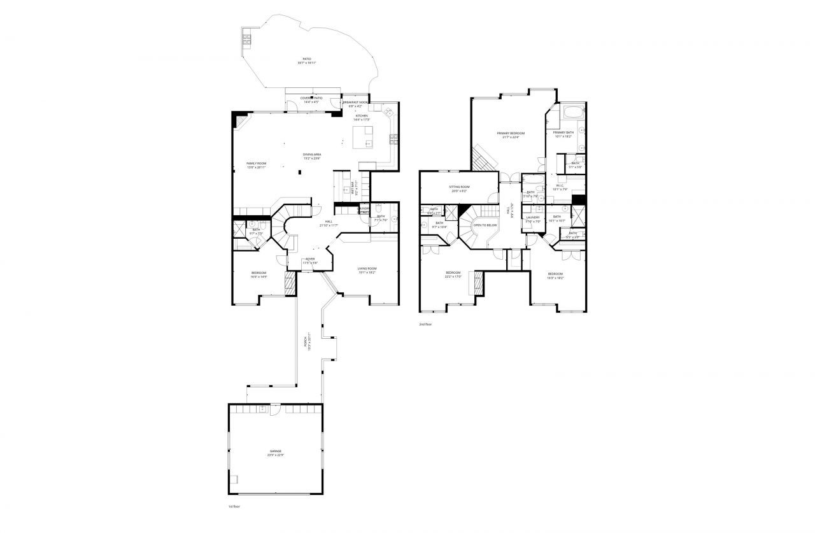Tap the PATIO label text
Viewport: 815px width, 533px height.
click(307, 59)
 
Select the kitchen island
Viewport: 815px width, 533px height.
click(364, 136)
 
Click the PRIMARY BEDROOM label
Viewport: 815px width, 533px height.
click(511, 133)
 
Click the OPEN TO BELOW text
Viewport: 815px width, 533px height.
click(485, 225)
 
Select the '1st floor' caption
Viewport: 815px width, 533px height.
click(234, 506)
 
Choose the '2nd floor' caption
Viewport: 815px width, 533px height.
click(425, 324)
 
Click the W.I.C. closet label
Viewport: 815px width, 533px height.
click(560, 185)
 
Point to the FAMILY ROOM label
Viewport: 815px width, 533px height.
click(257, 164)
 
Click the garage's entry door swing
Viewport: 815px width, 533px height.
click(275, 410)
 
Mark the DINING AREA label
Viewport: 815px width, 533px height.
click(312, 154)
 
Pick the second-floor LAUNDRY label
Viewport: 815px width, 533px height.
click(533, 217)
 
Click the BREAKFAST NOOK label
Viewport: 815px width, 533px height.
click(356, 102)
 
